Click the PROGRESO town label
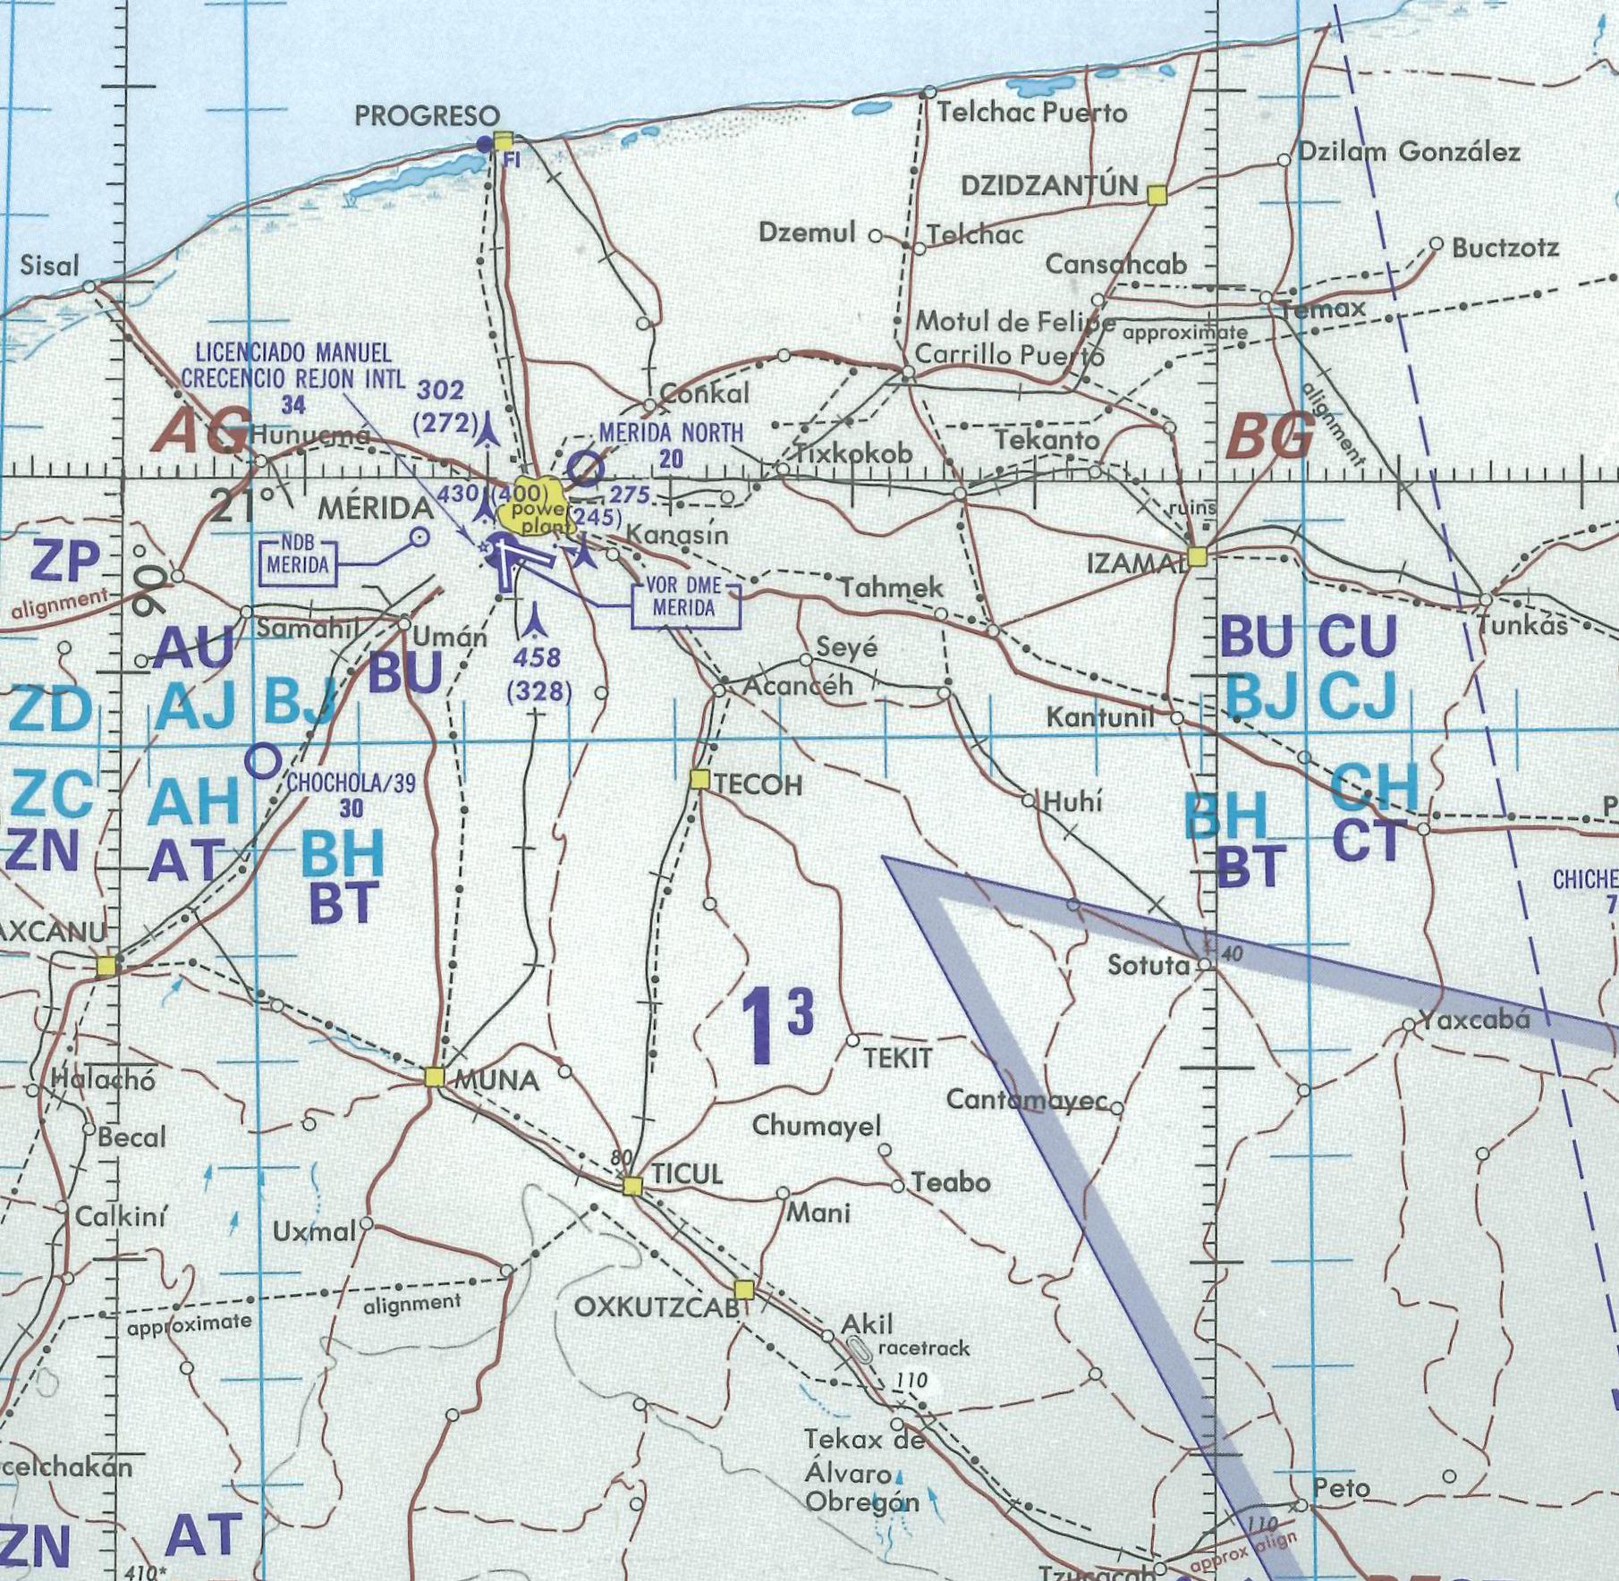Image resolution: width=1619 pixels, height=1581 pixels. pyautogui.click(x=428, y=116)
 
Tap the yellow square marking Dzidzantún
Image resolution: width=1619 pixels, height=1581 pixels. pyautogui.click(x=1157, y=194)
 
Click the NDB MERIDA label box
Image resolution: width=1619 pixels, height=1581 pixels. pyautogui.click(x=298, y=563)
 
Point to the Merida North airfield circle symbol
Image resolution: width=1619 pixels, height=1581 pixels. pyautogui.click(x=586, y=468)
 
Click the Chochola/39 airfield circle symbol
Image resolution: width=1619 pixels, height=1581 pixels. pyautogui.click(x=263, y=761)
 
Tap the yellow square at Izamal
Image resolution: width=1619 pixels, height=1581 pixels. pyautogui.click(x=1197, y=556)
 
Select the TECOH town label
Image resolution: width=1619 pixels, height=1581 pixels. pyautogui.click(x=759, y=785)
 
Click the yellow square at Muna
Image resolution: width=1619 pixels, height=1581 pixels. pyautogui.click(x=435, y=1077)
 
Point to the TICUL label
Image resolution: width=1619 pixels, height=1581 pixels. pyautogui.click(x=687, y=1175)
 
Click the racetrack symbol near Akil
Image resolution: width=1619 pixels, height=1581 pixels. pyautogui.click(x=860, y=1350)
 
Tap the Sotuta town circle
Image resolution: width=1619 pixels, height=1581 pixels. pyautogui.click(x=1205, y=965)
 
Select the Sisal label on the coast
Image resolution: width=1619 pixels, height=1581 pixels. pyautogui.click(x=50, y=266)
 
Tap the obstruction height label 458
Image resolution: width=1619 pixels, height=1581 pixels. pyautogui.click(x=537, y=657)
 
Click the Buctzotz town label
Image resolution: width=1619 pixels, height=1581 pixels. pyautogui.click(x=1505, y=249)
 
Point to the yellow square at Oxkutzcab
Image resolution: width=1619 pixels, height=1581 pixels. pyautogui.click(x=743, y=1289)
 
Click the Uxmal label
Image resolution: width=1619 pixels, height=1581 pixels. pyautogui.click(x=315, y=1231)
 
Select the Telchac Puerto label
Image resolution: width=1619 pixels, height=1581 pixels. pyautogui.click(x=1032, y=114)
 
